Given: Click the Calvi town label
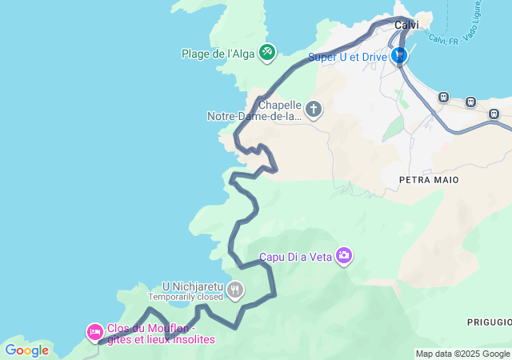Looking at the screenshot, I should [x=406, y=25].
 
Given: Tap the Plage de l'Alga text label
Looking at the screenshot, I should [x=218, y=54].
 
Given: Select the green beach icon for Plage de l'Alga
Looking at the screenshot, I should [x=267, y=53].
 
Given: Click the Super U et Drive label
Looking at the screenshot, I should [x=347, y=58].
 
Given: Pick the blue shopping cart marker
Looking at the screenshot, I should [x=398, y=55].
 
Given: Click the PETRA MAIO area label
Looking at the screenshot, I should [x=429, y=180].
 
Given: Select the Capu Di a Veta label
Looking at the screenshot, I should [x=294, y=258].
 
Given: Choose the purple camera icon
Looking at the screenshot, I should [x=344, y=256].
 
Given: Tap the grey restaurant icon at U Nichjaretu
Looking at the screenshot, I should [x=235, y=290].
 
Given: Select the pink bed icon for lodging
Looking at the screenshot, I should [x=95, y=331].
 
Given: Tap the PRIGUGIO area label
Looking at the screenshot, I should [x=490, y=321].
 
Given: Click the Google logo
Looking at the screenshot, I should [x=26, y=350].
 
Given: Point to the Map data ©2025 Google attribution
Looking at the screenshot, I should [x=462, y=354].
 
